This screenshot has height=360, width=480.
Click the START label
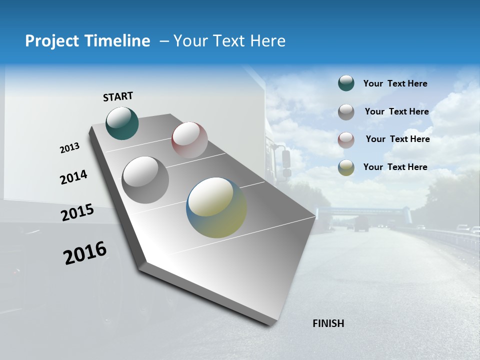tap(118, 96)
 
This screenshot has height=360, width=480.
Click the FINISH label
tap(328, 323)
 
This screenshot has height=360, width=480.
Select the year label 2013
tap(70, 148)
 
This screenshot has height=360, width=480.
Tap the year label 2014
tap(73, 177)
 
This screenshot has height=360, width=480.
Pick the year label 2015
tap(77, 212)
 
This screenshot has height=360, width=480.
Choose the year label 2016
tap(85, 252)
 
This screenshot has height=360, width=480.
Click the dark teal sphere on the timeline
tap(122, 123)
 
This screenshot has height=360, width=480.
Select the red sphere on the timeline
tap(189, 140)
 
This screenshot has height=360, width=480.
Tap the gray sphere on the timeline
tap(145, 179)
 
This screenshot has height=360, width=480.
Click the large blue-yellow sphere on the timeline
tap(216, 207)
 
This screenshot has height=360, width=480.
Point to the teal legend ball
tap(346, 83)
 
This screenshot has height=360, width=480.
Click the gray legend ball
tap(346, 112)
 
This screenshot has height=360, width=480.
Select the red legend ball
tap(346, 139)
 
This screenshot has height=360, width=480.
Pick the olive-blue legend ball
tap(346, 167)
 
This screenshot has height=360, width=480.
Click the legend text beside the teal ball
tap(395, 83)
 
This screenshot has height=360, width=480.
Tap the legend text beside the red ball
tap(397, 139)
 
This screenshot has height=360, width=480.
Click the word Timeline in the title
tap(118, 41)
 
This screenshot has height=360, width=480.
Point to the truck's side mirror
tap(286, 158)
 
